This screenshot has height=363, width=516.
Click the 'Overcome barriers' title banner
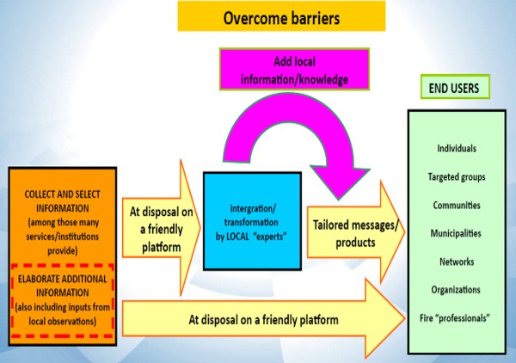(281, 16)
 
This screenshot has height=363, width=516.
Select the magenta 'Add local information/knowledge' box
(294, 70)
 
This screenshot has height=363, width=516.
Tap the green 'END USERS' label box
(455, 87)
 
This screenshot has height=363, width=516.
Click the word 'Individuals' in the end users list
(457, 149)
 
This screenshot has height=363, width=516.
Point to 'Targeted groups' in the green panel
(457, 177)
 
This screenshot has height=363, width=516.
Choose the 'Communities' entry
(457, 206)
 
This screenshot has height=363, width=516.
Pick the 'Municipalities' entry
(456, 234)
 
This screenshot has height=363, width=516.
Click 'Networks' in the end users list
(457, 262)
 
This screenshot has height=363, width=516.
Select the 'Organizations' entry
(456, 290)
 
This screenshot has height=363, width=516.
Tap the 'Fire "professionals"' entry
(455, 318)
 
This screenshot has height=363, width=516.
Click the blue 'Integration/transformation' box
(252, 221)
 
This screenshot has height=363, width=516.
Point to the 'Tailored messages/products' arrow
(356, 232)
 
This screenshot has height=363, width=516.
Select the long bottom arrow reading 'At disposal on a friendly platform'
(263, 318)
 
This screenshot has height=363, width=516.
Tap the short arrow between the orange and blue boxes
(162, 228)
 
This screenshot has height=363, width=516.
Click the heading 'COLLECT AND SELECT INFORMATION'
(63, 201)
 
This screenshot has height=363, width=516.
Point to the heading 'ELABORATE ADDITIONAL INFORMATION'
(63, 286)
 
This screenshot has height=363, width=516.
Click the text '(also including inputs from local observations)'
(63, 314)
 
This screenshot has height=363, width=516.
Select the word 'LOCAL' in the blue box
(237, 237)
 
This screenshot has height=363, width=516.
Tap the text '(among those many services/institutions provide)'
(63, 237)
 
